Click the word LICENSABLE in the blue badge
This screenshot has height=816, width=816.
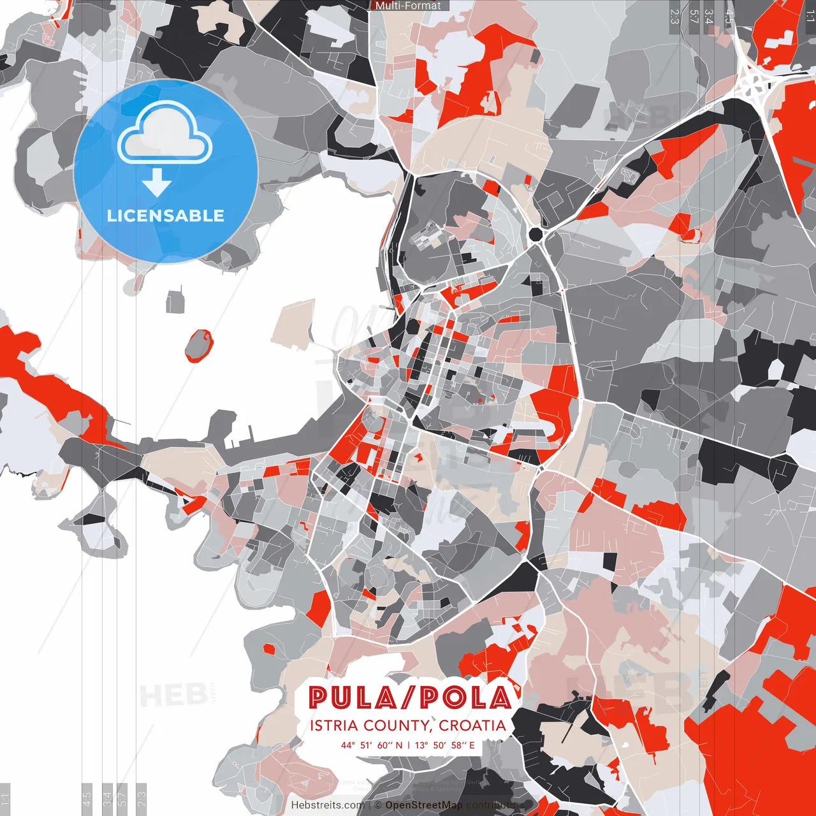(x=166, y=215)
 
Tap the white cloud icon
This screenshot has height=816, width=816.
(x=165, y=133)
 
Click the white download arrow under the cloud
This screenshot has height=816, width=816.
(x=156, y=182)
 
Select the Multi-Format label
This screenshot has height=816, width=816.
(x=408, y=6)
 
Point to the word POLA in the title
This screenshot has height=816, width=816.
(x=465, y=698)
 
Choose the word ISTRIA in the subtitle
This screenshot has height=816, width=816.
(x=334, y=725)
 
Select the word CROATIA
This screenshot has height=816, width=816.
(x=472, y=725)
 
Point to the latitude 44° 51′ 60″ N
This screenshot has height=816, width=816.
(x=372, y=745)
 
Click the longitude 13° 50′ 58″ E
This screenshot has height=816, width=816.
(x=445, y=745)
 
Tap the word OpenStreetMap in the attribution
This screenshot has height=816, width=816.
(x=424, y=805)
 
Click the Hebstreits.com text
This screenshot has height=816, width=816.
(x=328, y=805)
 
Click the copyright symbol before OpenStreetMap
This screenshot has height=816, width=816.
(x=378, y=805)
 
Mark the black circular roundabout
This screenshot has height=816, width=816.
(x=535, y=234)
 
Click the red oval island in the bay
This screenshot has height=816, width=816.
(x=199, y=345)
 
